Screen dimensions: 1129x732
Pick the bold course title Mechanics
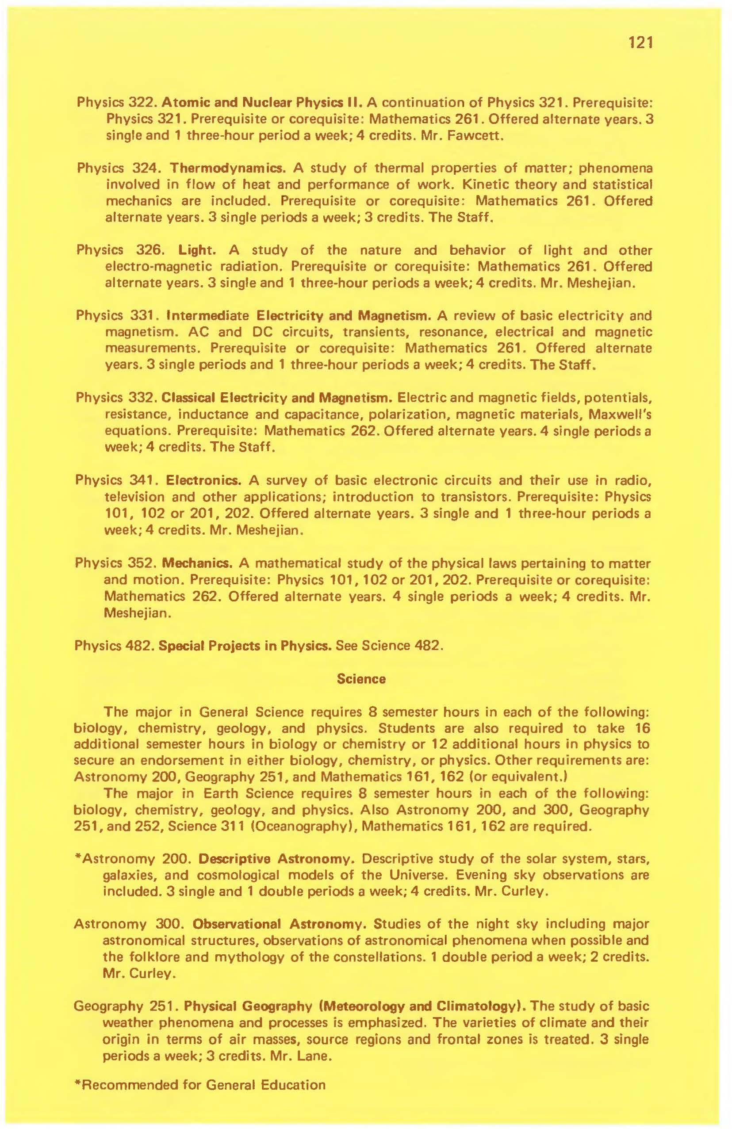tap(196, 563)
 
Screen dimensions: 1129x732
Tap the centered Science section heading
tap(361, 679)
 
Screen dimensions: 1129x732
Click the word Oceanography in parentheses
tap(299, 826)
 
